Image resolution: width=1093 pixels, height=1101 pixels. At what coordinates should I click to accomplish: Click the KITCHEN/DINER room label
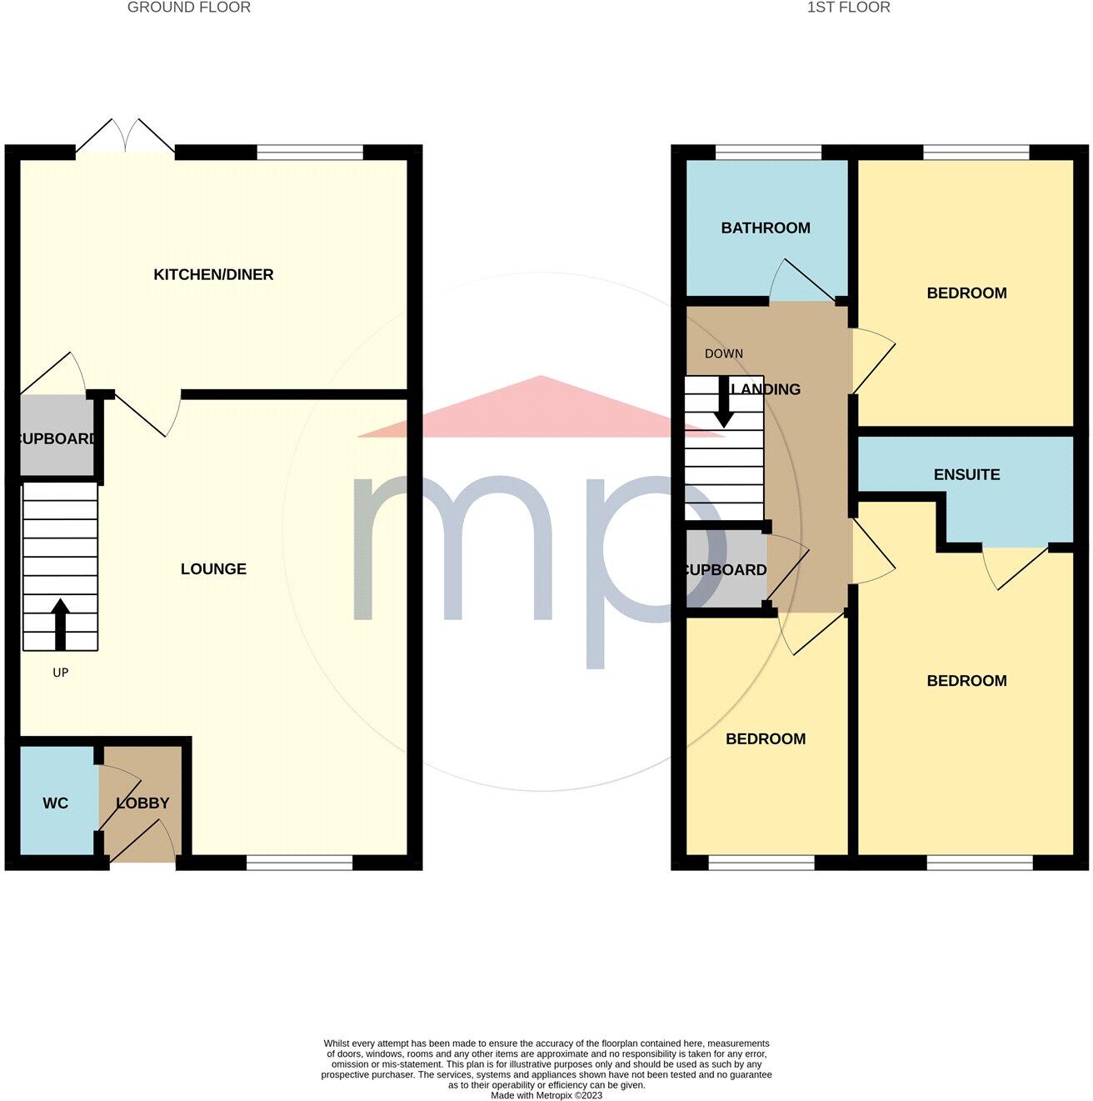click(213, 275)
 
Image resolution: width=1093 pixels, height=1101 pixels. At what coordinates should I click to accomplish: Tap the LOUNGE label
click(213, 569)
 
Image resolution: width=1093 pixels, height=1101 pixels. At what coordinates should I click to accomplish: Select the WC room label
click(56, 803)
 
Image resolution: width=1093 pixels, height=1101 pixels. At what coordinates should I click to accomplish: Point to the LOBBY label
click(143, 803)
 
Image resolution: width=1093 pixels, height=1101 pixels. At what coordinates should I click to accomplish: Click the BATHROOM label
click(766, 228)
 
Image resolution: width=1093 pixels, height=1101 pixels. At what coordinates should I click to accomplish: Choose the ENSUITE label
click(966, 475)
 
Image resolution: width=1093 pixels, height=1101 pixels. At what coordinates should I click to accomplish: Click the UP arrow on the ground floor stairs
click(60, 624)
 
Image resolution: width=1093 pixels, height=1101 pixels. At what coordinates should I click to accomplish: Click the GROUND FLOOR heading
click(189, 8)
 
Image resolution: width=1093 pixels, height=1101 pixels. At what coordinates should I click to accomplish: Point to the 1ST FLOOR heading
click(849, 8)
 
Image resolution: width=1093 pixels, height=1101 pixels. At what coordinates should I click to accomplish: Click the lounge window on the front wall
click(300, 863)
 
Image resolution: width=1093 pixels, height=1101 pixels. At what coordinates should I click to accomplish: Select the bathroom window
click(769, 153)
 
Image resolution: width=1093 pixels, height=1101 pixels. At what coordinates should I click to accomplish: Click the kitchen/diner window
click(310, 153)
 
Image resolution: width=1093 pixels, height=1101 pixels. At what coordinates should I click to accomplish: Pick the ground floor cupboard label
click(57, 439)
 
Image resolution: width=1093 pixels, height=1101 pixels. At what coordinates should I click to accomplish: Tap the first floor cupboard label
click(726, 570)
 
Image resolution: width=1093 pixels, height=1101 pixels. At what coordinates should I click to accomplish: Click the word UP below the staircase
click(60, 673)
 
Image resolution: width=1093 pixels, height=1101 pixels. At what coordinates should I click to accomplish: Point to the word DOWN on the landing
click(724, 353)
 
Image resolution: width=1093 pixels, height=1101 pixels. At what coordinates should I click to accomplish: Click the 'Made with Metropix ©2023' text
click(546, 1095)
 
